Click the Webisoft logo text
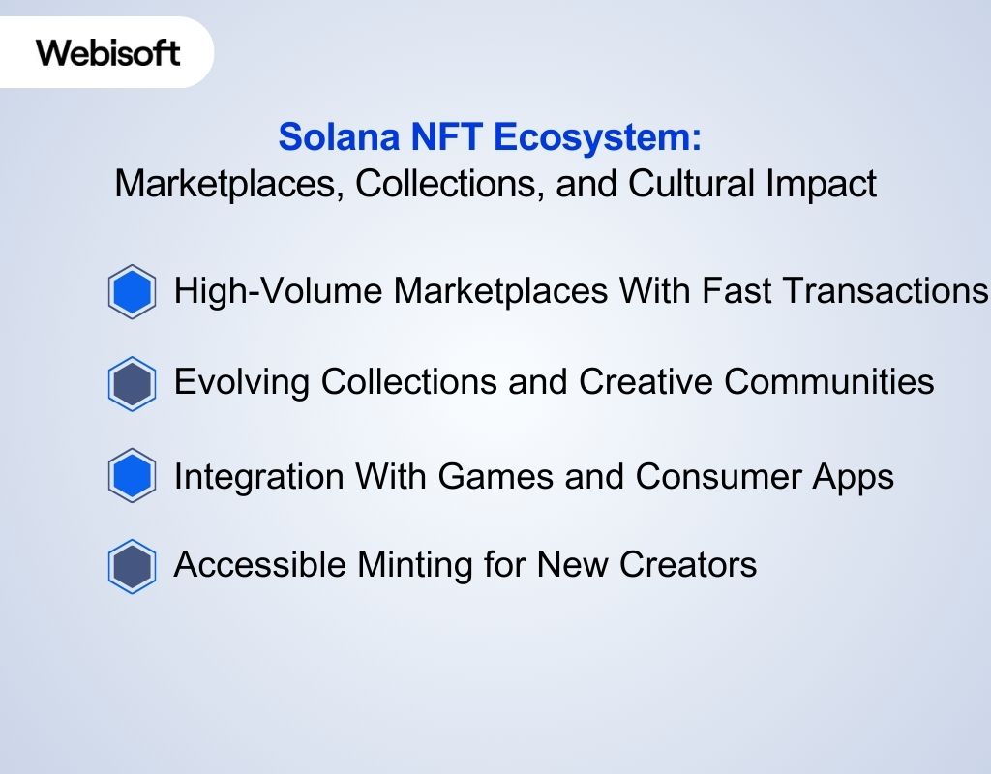(108, 52)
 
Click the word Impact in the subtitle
(826, 183)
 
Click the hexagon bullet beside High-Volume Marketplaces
(132, 291)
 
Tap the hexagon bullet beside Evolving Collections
(132, 384)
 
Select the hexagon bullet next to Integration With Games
(132, 476)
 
